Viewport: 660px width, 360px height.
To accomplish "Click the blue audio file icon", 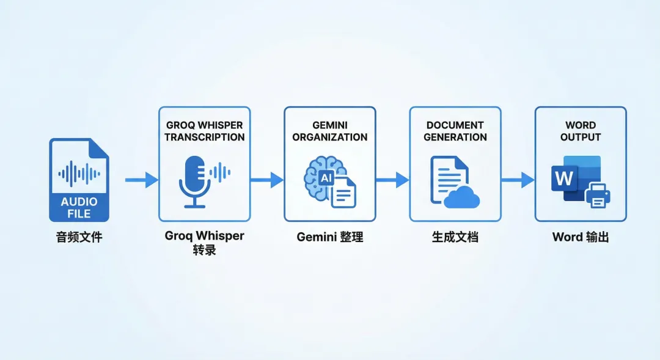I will pos(79,180).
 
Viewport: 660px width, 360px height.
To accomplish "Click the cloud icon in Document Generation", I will pos(462,197).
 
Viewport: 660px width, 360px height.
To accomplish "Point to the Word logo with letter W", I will pos(564,178).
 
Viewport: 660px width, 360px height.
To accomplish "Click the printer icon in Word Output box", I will pos(598,195).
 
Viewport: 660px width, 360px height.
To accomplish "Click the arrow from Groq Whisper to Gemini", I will pos(266,180).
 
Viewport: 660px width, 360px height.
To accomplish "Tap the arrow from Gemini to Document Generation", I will pos(392,180).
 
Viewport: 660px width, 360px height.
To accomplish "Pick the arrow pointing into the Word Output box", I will pos(518,180).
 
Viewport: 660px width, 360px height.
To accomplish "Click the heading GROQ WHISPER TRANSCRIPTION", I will pos(204,131).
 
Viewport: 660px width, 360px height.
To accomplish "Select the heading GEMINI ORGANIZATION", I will pos(329,131).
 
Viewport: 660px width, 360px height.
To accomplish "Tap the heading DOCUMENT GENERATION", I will pos(455,131).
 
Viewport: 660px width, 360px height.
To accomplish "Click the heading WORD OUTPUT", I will pos(581,131).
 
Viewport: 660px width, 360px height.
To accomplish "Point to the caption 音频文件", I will pos(79,237).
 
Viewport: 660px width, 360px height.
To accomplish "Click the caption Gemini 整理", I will pos(329,237).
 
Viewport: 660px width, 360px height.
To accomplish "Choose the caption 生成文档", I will pos(455,237).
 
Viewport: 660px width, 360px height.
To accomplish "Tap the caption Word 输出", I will pos(581,237).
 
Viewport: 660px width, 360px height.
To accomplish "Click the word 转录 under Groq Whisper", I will pos(204,249).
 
